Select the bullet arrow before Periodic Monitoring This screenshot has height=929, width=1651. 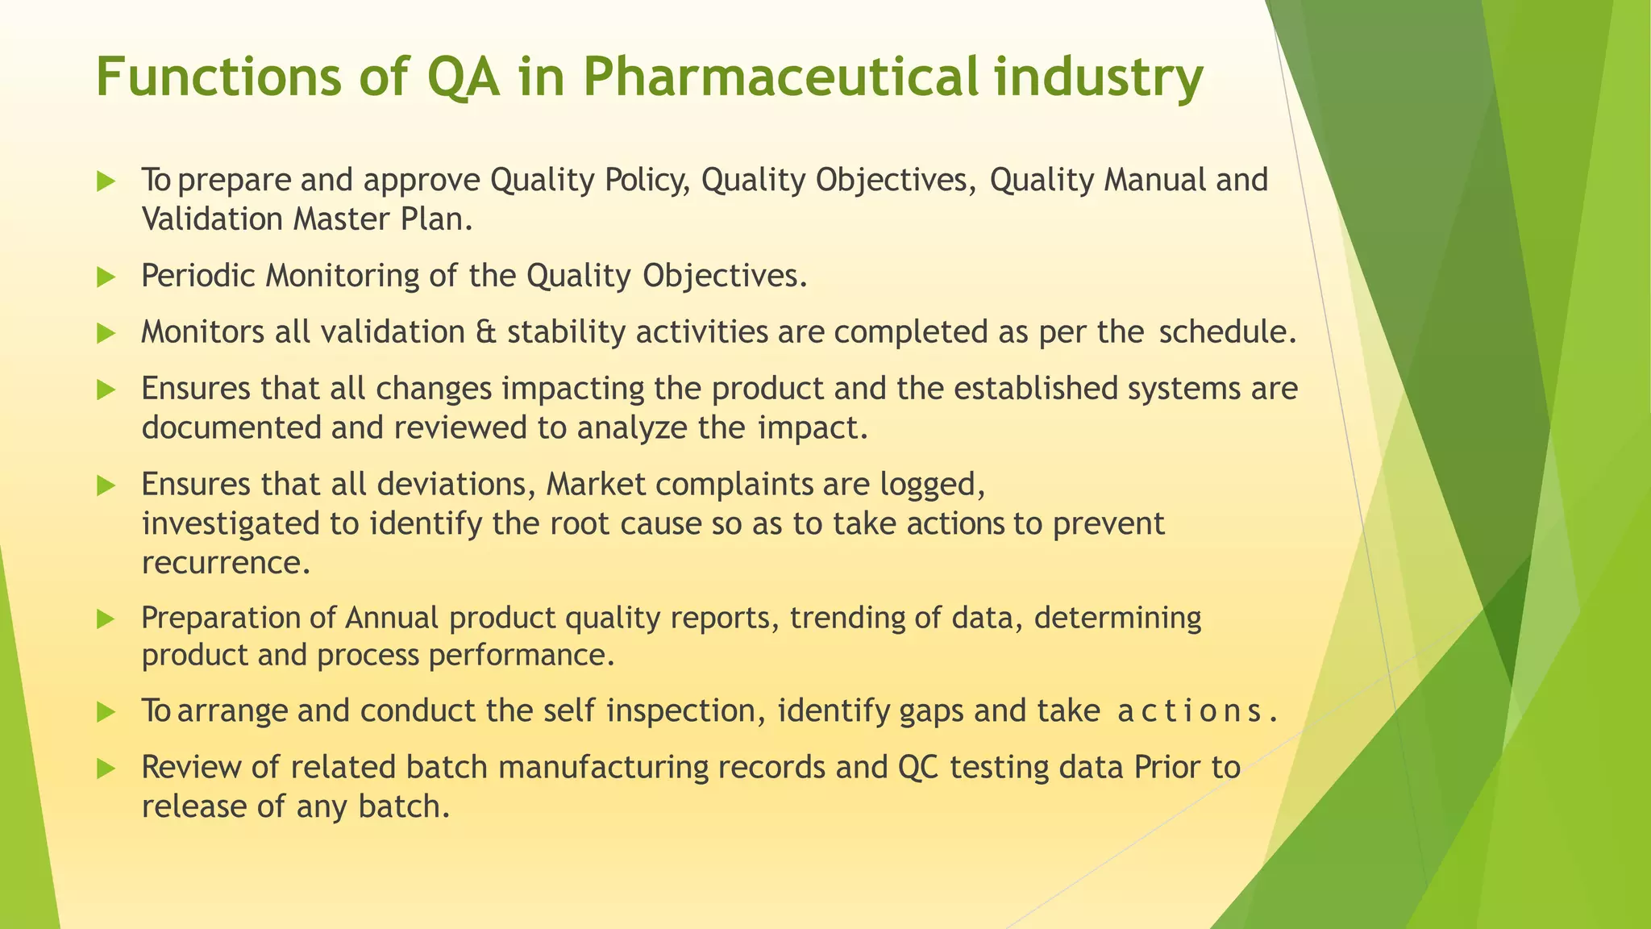[x=106, y=277]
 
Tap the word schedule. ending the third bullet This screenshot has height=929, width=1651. [x=1227, y=332]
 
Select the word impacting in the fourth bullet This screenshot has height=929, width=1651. [x=573, y=389]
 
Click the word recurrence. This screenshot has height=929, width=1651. [x=226, y=563]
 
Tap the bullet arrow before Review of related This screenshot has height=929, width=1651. [x=106, y=769]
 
